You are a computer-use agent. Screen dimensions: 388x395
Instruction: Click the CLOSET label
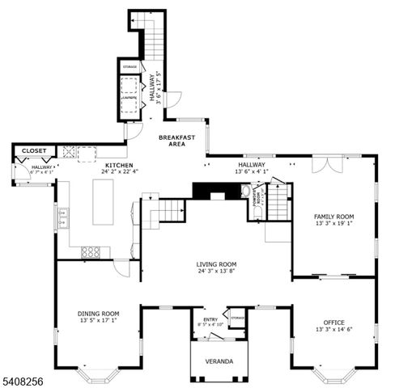pyautogui.click(x=34, y=150)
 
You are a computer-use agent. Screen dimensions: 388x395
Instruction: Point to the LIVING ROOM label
pyautogui.click(x=216, y=264)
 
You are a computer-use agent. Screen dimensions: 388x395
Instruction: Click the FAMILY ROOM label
pyautogui.click(x=334, y=217)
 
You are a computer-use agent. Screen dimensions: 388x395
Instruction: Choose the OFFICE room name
pyautogui.click(x=333, y=323)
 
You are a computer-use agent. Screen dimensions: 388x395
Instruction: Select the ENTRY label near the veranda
pyautogui.click(x=210, y=319)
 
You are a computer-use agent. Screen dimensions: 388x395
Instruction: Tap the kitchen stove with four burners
pyautogui.click(x=91, y=251)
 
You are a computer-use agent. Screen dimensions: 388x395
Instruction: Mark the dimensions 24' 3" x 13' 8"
pyautogui.click(x=216, y=272)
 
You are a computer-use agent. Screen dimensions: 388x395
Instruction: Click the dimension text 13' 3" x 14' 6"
pyautogui.click(x=333, y=330)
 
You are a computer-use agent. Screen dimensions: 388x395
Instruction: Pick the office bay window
pyautogui.click(x=333, y=373)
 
